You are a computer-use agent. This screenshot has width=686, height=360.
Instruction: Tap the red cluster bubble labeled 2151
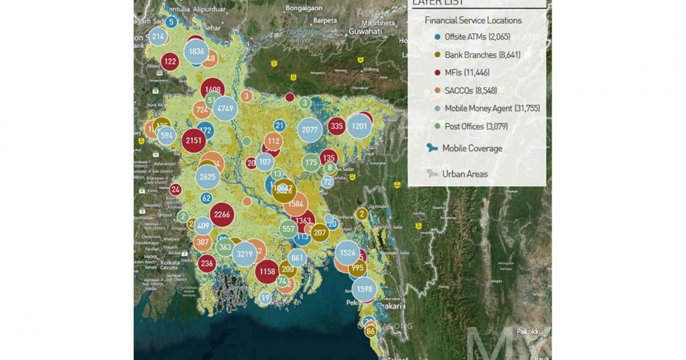pos(193,141)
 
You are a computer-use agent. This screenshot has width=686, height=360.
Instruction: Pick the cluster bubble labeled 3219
pos(245,254)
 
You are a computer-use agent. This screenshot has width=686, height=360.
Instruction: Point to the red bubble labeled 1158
pos(266,272)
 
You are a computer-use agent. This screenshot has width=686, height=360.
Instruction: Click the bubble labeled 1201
pos(360,126)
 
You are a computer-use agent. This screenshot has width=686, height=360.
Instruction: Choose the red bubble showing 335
pos(337,126)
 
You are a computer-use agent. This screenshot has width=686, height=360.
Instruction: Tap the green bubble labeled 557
pos(289,229)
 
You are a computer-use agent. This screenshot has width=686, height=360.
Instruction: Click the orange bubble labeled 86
pos(371,331)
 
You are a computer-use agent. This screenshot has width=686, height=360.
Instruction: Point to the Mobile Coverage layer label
pos(472,149)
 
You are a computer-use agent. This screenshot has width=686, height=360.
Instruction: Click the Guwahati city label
pos(364,31)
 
